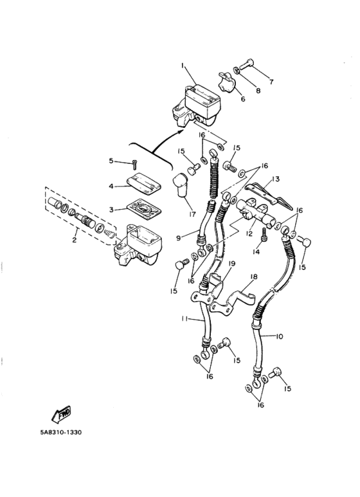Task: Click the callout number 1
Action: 183,66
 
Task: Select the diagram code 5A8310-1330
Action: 60,432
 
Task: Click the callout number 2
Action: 75,240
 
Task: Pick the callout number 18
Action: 252,276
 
